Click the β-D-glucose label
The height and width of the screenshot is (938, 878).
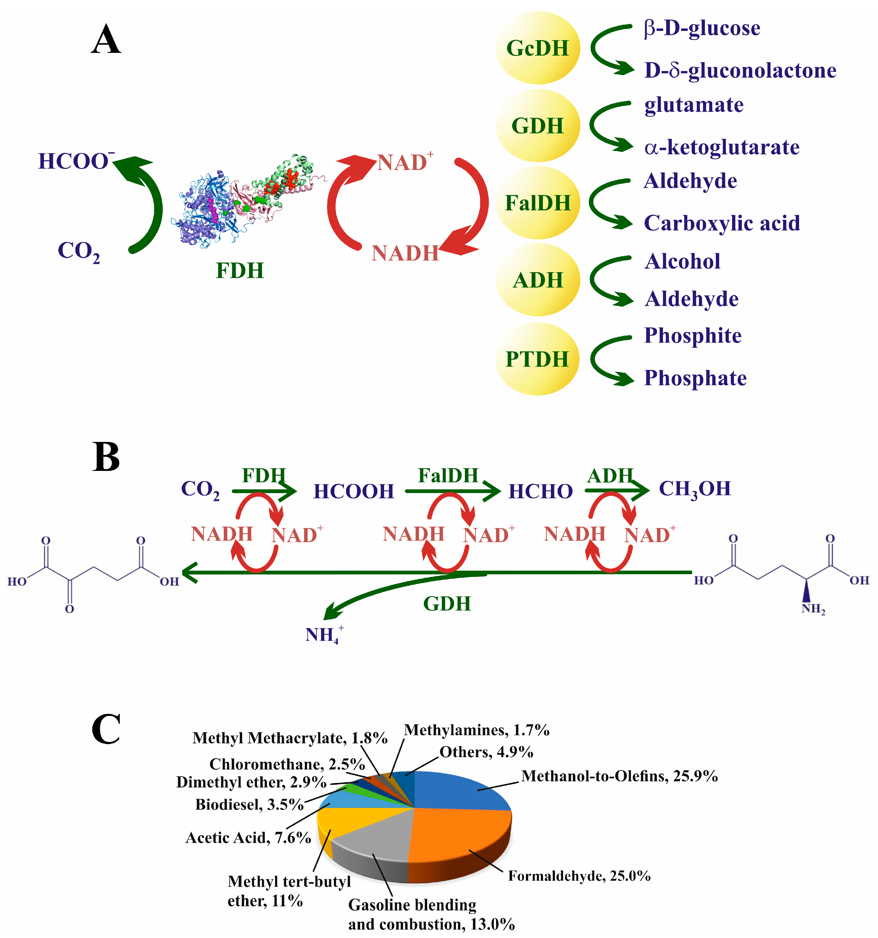[x=702, y=28]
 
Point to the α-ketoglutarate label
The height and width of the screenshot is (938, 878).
[x=722, y=147]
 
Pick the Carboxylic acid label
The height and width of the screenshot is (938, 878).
[x=722, y=223]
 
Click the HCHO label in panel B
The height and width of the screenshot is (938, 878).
[x=541, y=491]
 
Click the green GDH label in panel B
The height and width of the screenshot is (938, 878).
[x=446, y=603]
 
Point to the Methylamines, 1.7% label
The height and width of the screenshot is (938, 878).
[x=476, y=730]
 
